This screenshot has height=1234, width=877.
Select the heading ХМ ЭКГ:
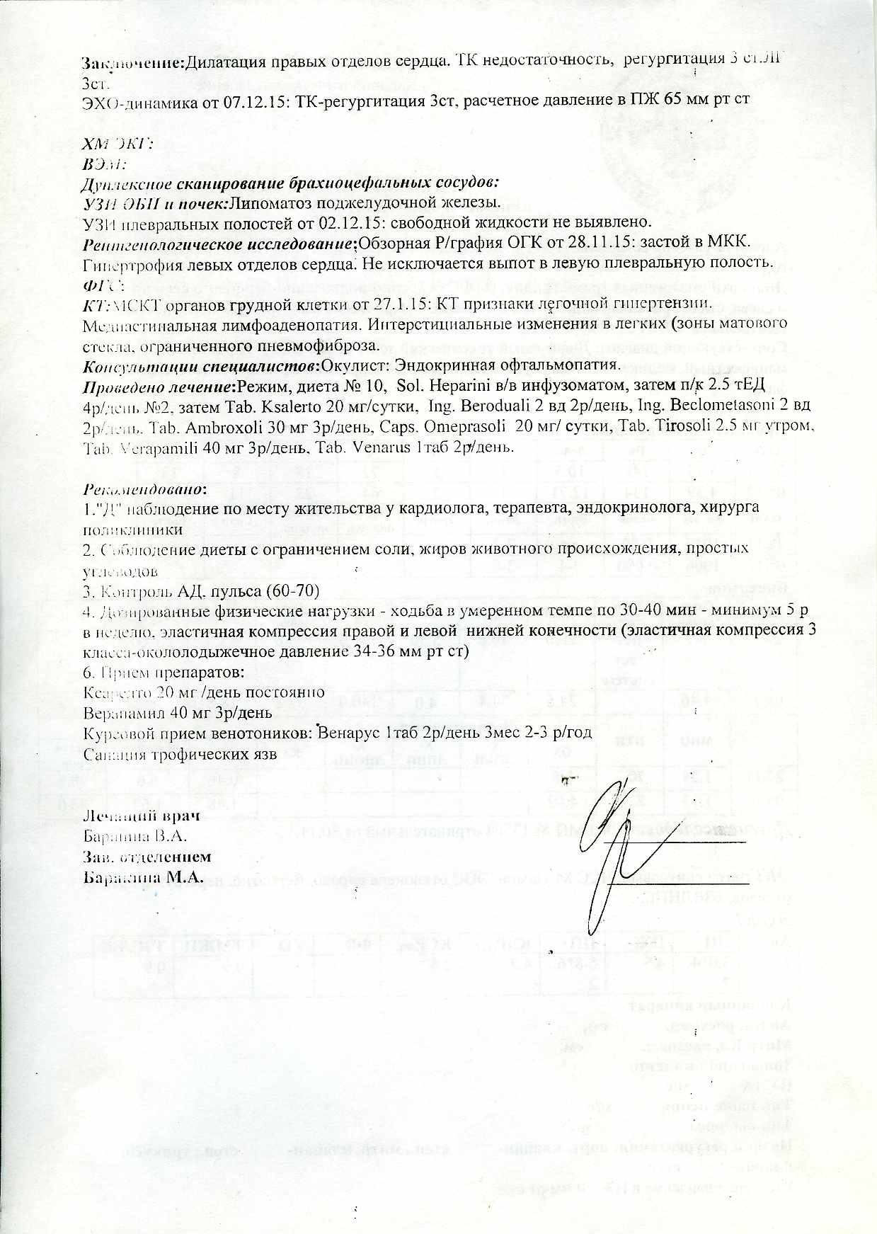(118, 144)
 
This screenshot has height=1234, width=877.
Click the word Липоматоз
(266, 203)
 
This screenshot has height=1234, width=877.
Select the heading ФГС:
(103, 285)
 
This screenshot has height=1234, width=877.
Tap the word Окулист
(349, 365)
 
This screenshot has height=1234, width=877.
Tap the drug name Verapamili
(151, 448)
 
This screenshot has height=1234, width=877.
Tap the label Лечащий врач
(141, 815)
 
